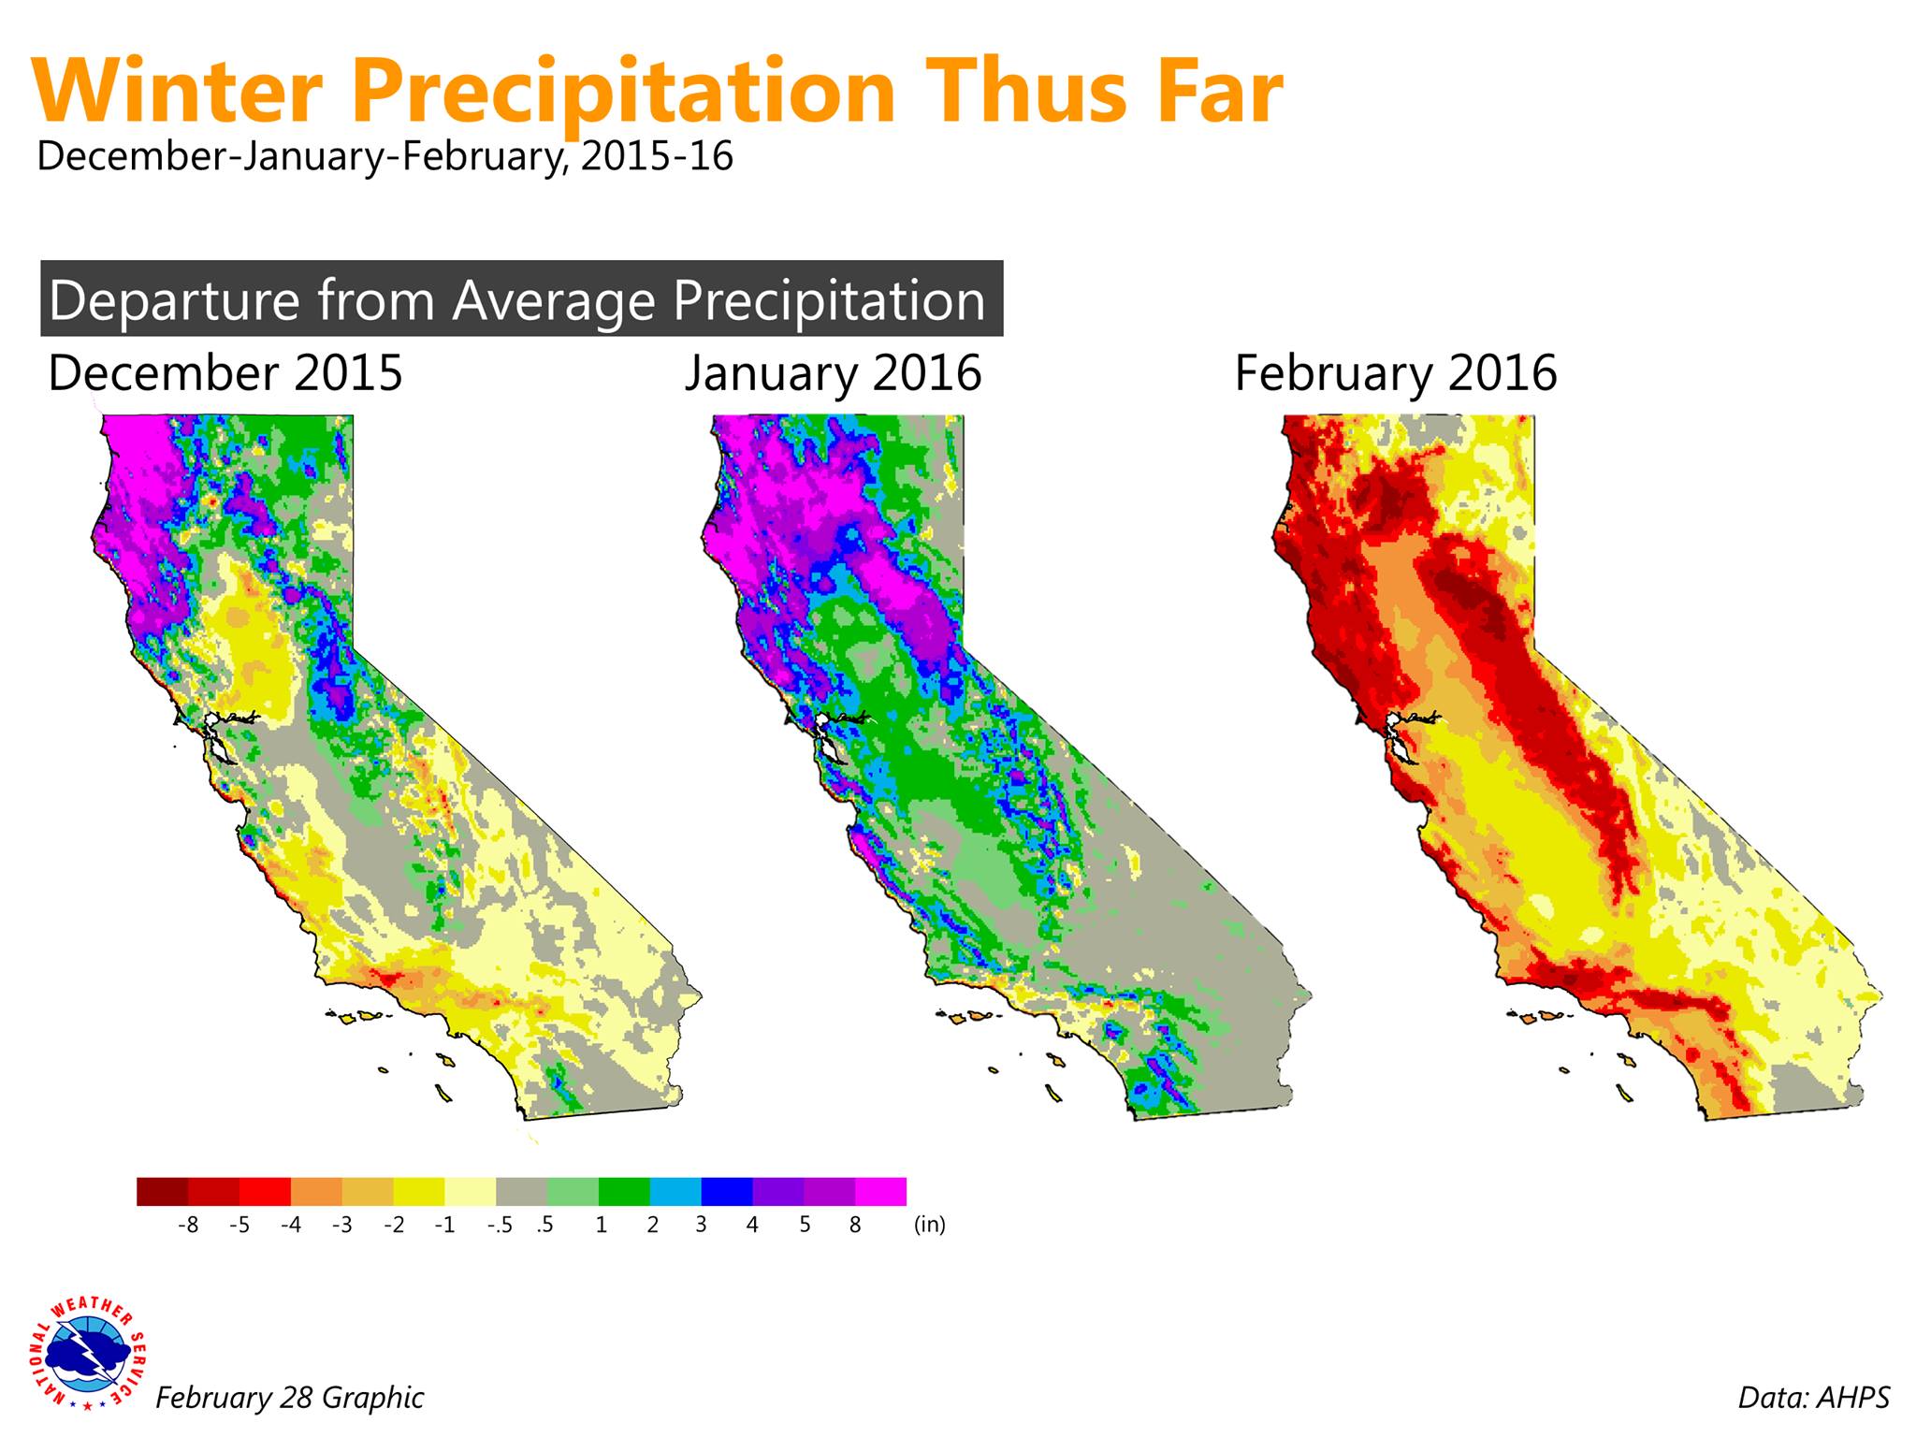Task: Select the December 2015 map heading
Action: (225, 372)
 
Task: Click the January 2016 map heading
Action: (834, 372)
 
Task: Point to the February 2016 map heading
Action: (1396, 372)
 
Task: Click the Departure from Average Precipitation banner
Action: (521, 298)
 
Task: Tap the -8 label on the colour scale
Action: (188, 1225)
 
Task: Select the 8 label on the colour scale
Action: (855, 1225)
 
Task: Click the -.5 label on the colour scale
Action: (501, 1225)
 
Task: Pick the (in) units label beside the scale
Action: (930, 1225)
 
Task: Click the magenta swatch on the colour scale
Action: (880, 1191)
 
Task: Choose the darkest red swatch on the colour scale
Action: (162, 1191)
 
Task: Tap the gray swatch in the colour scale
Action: (521, 1191)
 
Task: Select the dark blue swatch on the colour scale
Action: (727, 1191)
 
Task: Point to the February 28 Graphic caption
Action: (289, 1398)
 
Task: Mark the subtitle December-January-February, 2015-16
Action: (385, 155)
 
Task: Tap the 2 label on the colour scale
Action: (652, 1225)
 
